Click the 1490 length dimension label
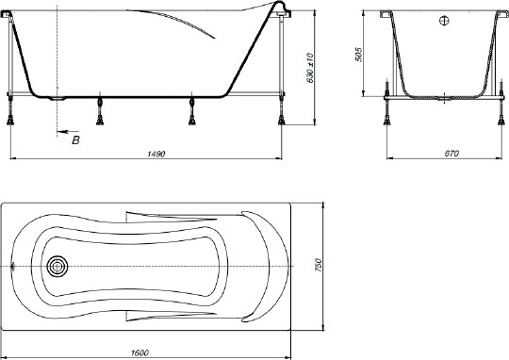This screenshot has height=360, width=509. click(156, 154)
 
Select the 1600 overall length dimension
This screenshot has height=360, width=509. click(140, 352)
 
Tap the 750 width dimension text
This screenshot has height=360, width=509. click(318, 265)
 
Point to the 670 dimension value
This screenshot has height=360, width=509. click(452, 154)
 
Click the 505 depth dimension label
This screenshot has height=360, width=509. click(358, 55)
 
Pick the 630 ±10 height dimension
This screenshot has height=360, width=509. click(310, 68)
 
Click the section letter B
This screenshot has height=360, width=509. click(75, 139)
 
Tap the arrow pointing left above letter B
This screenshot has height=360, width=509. click(67, 132)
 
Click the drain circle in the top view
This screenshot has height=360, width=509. click(57, 266)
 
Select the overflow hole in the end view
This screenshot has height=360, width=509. click(444, 21)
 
